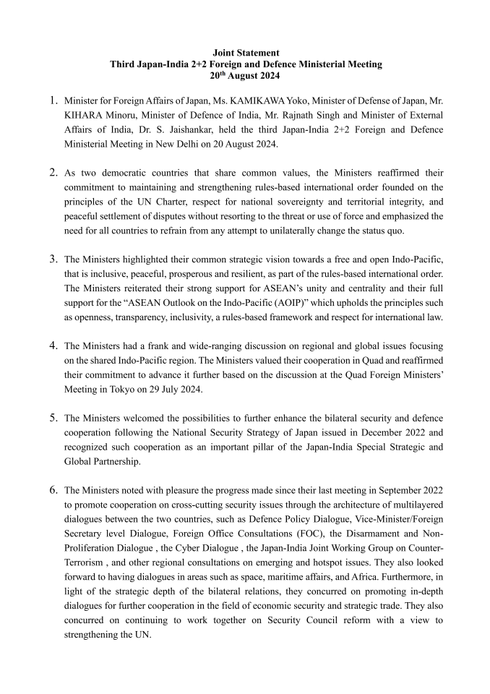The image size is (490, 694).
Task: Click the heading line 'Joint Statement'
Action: coord(246,53)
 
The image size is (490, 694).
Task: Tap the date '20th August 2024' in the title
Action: coord(246,75)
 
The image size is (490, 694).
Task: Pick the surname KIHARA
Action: coord(82,114)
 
